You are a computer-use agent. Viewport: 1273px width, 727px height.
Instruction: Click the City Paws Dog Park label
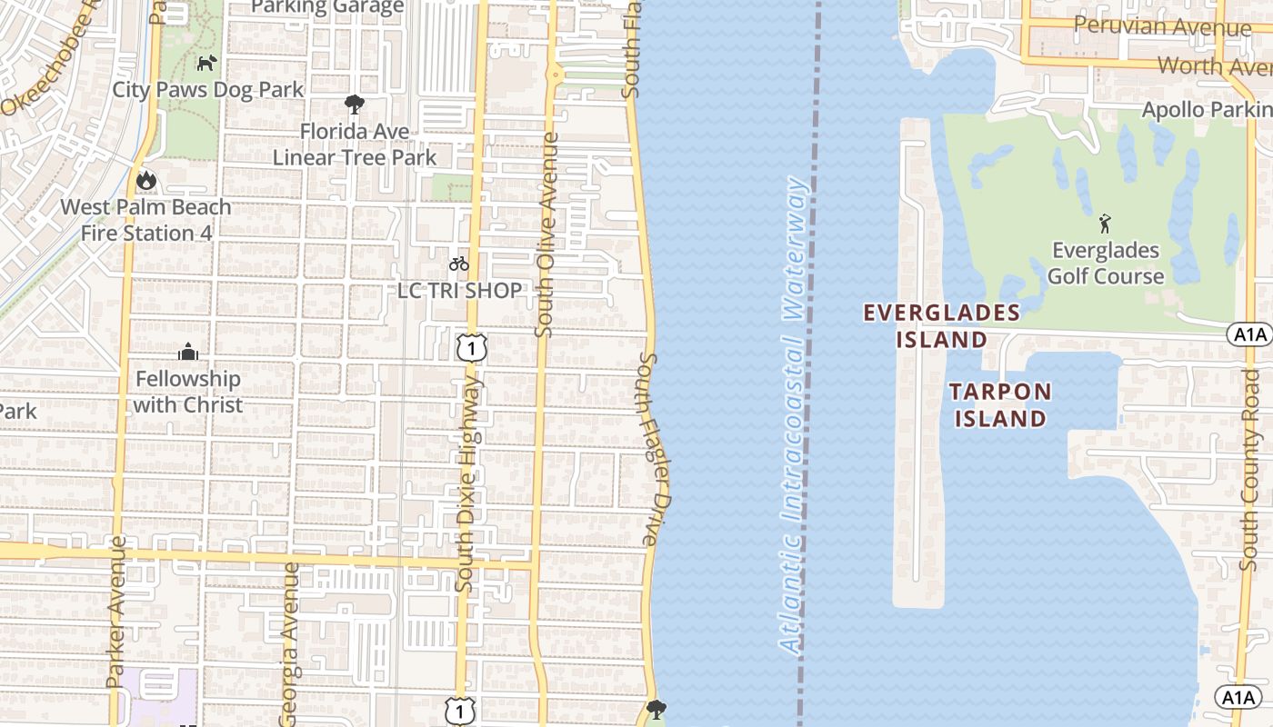[x=207, y=90]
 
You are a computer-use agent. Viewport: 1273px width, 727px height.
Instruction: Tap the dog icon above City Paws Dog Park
[x=207, y=64]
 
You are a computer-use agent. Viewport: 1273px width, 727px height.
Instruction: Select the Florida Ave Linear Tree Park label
[x=355, y=144]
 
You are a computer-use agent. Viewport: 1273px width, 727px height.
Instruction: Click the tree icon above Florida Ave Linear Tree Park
[x=355, y=105]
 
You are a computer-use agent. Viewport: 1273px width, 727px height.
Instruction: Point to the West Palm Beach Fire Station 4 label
[x=145, y=220]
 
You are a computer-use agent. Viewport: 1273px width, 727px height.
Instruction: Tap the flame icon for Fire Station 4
[x=145, y=181]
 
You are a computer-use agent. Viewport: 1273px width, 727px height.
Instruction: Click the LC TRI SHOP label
[x=460, y=291]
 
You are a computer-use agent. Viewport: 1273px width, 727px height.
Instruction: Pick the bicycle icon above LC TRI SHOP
[x=459, y=264]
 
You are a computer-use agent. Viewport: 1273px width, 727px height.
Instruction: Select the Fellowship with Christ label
[x=188, y=392]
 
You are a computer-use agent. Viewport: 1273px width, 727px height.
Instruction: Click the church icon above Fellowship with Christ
[x=188, y=352]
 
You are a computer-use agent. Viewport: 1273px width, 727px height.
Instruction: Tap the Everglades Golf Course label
[x=1106, y=264]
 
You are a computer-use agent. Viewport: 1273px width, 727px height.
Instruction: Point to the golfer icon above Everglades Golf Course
[x=1105, y=224]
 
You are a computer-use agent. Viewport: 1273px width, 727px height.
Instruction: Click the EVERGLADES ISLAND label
[x=941, y=326]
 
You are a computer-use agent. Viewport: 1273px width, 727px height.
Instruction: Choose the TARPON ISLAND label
[x=1000, y=405]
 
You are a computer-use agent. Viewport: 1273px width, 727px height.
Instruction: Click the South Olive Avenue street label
[x=546, y=235]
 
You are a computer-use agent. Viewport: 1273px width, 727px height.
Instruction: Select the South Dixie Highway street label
[x=466, y=486]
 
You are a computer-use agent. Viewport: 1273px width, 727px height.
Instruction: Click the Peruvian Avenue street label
[x=1161, y=26]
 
